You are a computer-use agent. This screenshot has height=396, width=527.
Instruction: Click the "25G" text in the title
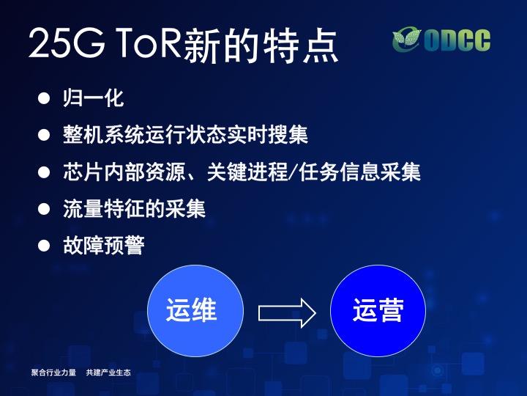pos(67,43)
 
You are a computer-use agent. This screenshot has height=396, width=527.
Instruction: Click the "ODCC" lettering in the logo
pos(457,40)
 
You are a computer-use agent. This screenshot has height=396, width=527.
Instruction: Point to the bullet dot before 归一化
pos(44,98)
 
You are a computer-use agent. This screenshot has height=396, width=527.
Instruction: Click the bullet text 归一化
pos(94,98)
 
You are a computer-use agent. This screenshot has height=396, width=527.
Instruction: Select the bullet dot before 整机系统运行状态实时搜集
pos(44,135)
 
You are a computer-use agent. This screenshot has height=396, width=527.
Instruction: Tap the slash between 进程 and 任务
pos(294,172)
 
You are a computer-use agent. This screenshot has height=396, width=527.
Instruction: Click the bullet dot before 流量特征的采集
pos(44,209)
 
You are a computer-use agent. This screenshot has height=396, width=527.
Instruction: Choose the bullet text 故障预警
pos(104,245)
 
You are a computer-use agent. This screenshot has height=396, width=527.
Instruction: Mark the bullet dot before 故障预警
pos(44,246)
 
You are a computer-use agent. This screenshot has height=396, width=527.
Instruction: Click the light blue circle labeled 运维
pos(195,310)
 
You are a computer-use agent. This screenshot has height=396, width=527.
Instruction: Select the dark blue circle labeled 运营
pos(378,310)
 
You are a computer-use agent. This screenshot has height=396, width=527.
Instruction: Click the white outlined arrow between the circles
pos(287,313)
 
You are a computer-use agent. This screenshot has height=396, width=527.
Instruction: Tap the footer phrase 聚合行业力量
pos(53,373)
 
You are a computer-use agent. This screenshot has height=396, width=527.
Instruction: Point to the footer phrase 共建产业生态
pos(108,373)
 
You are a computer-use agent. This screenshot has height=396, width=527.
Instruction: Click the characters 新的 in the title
pos(221,45)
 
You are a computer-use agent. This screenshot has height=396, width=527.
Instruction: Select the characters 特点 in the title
pos(300,45)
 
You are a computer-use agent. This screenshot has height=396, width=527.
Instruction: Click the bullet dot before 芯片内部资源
pos(44,172)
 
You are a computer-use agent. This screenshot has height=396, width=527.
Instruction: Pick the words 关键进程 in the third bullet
pos(247,172)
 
